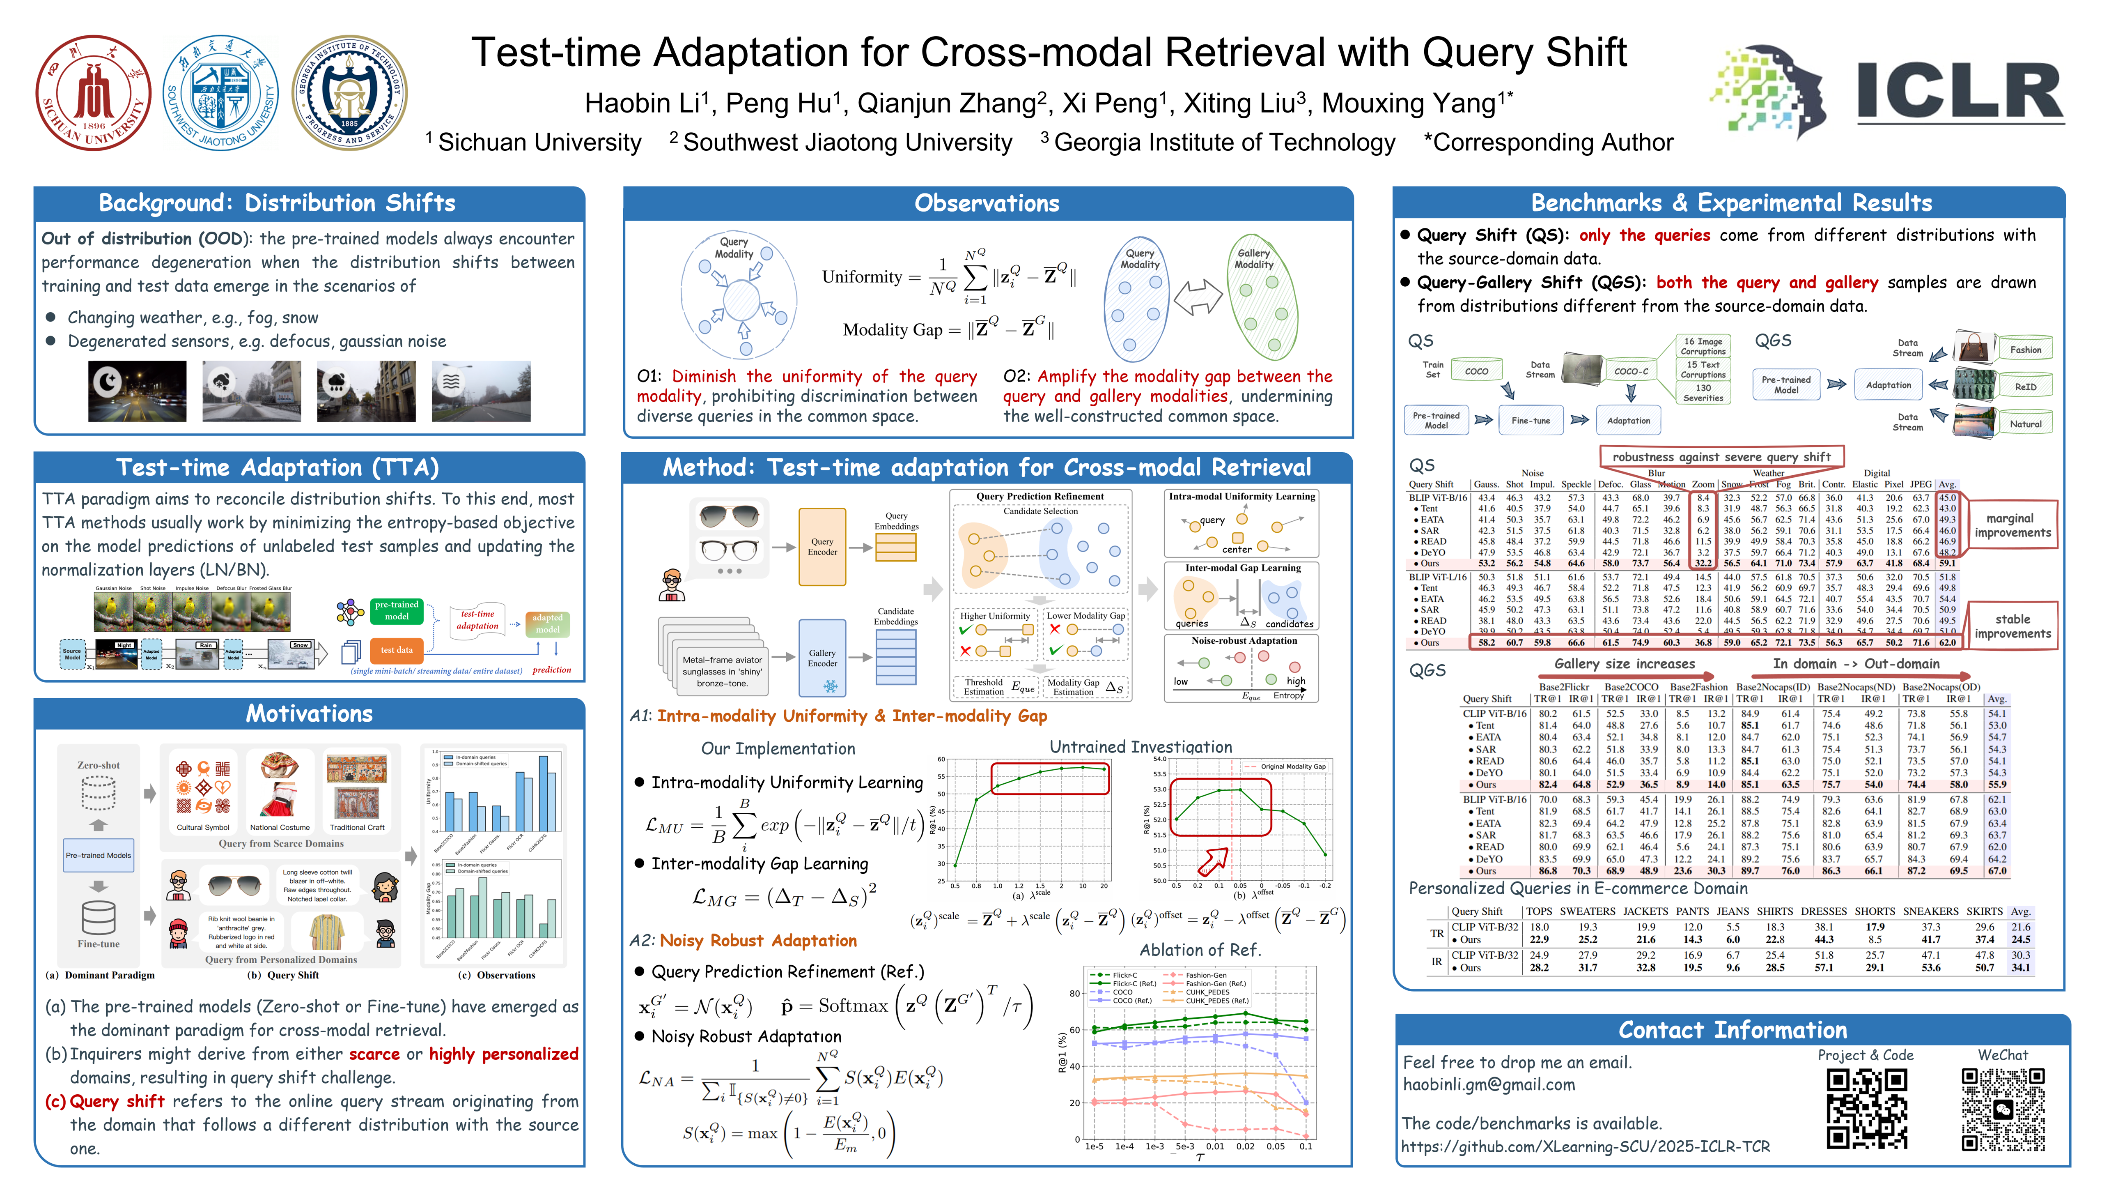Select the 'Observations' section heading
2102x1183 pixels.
pyautogui.click(x=987, y=203)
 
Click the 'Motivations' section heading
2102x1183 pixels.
pyautogui.click(x=309, y=713)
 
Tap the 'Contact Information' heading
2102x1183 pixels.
pyautogui.click(x=1733, y=1030)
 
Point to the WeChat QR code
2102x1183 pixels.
pyautogui.click(x=2003, y=1109)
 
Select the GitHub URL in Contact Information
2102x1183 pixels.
pyautogui.click(x=1586, y=1146)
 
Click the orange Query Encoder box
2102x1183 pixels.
pyautogui.click(x=822, y=546)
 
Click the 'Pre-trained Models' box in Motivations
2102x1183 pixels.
pyautogui.click(x=98, y=855)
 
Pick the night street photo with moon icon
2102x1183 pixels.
pyautogui.click(x=137, y=391)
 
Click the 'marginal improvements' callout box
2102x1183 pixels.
pyautogui.click(x=2012, y=525)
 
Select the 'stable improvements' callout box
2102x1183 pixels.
pyautogui.click(x=2012, y=626)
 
